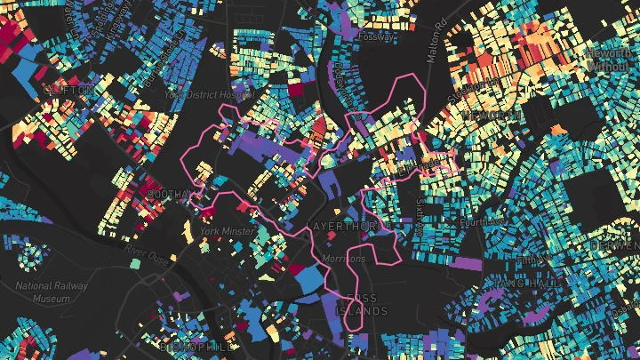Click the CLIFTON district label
pyautogui.click(x=67, y=91)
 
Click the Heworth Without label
pyautogui.click(x=612, y=59)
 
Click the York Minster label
pyautogui.click(x=222, y=231)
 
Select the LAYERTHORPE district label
pyautogui.click(x=348, y=227)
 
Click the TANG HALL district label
pyautogui.click(x=533, y=283)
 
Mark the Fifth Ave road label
pyautogui.click(x=533, y=259)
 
